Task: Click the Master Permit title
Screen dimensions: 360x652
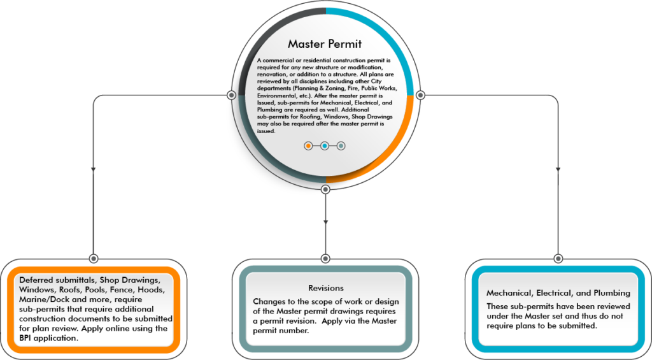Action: click(325, 44)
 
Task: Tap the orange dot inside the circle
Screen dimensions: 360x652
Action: click(308, 146)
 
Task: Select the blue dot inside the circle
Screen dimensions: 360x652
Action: click(325, 146)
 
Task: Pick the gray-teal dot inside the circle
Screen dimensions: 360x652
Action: click(341, 146)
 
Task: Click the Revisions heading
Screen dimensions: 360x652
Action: click(325, 288)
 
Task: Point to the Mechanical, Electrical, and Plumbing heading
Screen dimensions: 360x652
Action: click(558, 293)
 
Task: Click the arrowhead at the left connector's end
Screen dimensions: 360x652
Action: click(94, 170)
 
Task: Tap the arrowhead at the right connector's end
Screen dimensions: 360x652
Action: click(558, 170)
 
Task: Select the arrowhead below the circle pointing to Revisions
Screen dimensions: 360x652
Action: click(325, 221)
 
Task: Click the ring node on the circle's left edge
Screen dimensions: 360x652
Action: click(232, 95)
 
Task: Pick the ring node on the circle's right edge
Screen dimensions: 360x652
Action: click(420, 95)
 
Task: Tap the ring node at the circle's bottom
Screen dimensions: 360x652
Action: click(325, 189)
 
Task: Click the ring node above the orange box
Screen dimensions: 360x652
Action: click(94, 258)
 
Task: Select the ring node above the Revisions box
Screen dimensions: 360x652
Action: click(325, 258)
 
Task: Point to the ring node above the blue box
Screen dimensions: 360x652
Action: click(558, 258)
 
